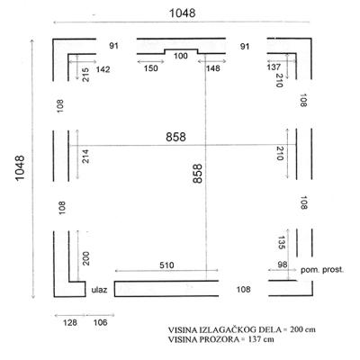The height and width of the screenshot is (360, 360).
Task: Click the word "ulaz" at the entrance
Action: (x=99, y=290)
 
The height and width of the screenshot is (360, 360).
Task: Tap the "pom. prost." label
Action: (x=322, y=270)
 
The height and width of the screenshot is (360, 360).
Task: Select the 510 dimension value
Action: (x=166, y=265)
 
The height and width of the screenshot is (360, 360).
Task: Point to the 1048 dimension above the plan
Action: (x=183, y=13)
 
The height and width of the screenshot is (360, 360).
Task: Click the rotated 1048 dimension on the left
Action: (x=20, y=168)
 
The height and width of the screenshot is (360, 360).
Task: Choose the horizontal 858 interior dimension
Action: (x=175, y=137)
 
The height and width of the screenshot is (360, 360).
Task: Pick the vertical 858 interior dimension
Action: (x=198, y=174)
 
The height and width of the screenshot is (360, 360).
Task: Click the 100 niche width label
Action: (x=181, y=56)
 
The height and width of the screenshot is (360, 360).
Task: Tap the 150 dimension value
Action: (x=150, y=68)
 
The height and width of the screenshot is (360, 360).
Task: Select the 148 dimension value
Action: (x=212, y=68)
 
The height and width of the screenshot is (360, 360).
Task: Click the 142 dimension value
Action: (x=103, y=69)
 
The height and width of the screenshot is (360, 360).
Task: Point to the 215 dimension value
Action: (x=85, y=75)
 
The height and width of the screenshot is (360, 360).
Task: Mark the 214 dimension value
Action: (x=85, y=156)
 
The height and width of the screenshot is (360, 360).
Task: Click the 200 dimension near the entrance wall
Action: (x=85, y=258)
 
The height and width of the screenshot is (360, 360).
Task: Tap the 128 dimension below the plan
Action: (x=70, y=323)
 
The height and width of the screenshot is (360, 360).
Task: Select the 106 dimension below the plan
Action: (x=100, y=323)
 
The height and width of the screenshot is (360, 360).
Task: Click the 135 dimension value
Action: (x=281, y=243)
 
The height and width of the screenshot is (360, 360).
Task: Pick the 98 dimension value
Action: (x=283, y=265)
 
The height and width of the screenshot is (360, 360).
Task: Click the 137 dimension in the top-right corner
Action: (x=274, y=67)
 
